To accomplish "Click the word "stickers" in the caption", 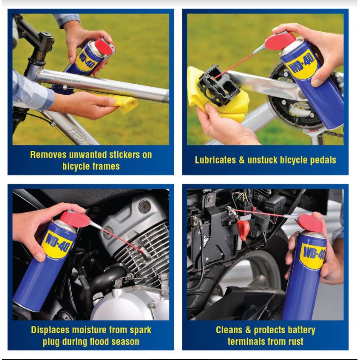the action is click(x=124, y=155).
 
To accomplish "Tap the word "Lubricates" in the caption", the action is click(x=215, y=160).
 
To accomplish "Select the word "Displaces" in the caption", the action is click(x=50, y=330).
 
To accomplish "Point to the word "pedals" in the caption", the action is click(x=323, y=160).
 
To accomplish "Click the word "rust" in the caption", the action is click(x=296, y=342).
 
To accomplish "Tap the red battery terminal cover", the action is click(x=243, y=229).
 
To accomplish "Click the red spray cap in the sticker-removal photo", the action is click(x=105, y=47).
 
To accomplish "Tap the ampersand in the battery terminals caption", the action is click(x=248, y=330).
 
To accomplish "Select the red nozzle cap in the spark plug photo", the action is click(x=75, y=219).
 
